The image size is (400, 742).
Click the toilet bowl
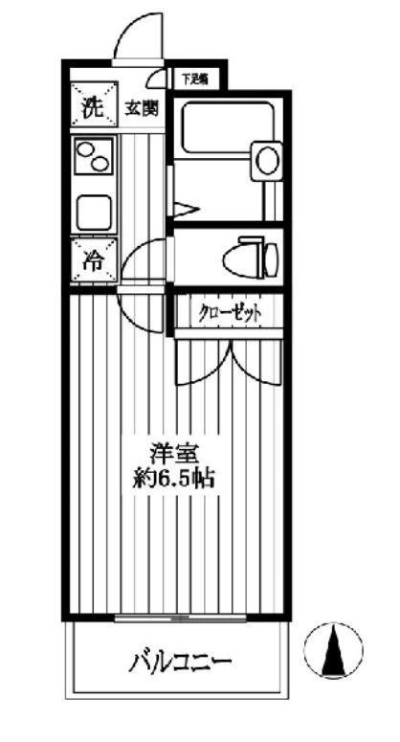click(x=250, y=256)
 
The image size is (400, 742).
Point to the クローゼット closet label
click(x=229, y=313)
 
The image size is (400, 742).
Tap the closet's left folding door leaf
click(x=204, y=359)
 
